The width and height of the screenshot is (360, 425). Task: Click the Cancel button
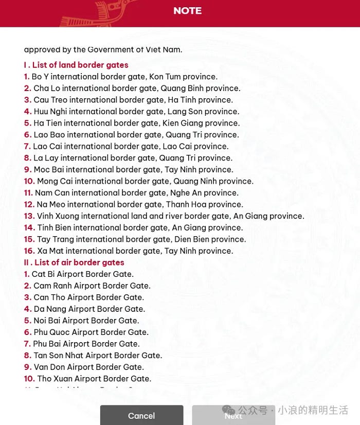click(x=141, y=415)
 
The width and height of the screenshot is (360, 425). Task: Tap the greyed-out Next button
click(x=233, y=415)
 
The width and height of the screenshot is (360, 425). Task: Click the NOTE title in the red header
click(x=187, y=11)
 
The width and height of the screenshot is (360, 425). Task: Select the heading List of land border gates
click(x=76, y=65)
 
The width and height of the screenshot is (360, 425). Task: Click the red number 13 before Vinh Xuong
click(x=29, y=216)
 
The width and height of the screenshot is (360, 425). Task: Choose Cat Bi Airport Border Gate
click(x=82, y=274)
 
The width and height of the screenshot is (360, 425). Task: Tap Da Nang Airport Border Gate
click(x=89, y=309)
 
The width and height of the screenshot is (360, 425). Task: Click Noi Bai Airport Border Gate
click(x=86, y=321)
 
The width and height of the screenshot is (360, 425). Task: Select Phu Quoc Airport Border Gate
click(x=91, y=332)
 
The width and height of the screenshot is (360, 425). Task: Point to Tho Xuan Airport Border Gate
click(x=94, y=379)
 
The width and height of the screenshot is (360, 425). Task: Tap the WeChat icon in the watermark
click(x=229, y=410)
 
